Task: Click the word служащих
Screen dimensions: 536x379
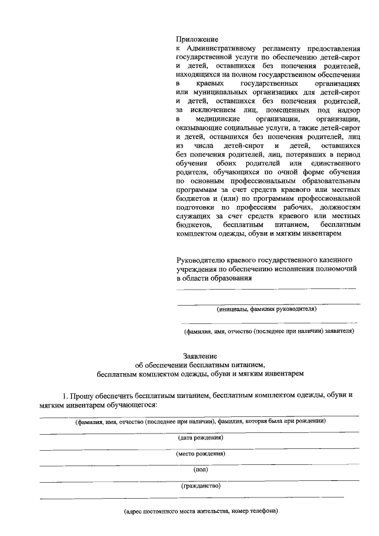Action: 195,217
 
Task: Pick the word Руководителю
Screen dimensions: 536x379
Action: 204,260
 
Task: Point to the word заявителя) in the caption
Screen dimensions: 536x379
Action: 339,331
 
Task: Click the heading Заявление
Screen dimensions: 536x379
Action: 199,357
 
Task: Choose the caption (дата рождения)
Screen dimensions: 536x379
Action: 200,438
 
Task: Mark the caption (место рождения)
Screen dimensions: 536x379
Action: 200,454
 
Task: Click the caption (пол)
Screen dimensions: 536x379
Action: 200,470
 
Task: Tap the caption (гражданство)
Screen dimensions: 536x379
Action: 200,486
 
